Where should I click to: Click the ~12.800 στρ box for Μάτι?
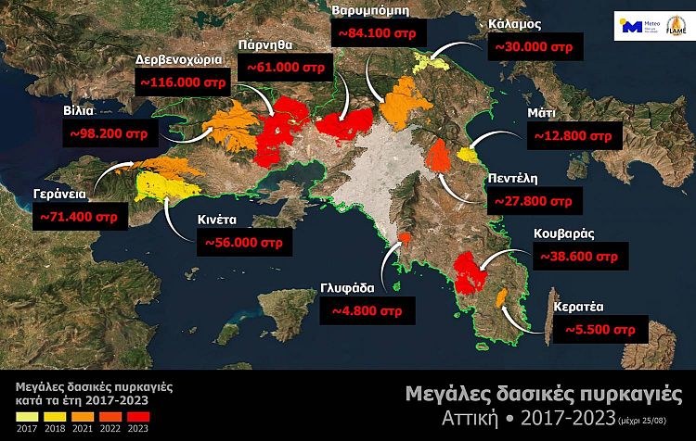tap(573, 136)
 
